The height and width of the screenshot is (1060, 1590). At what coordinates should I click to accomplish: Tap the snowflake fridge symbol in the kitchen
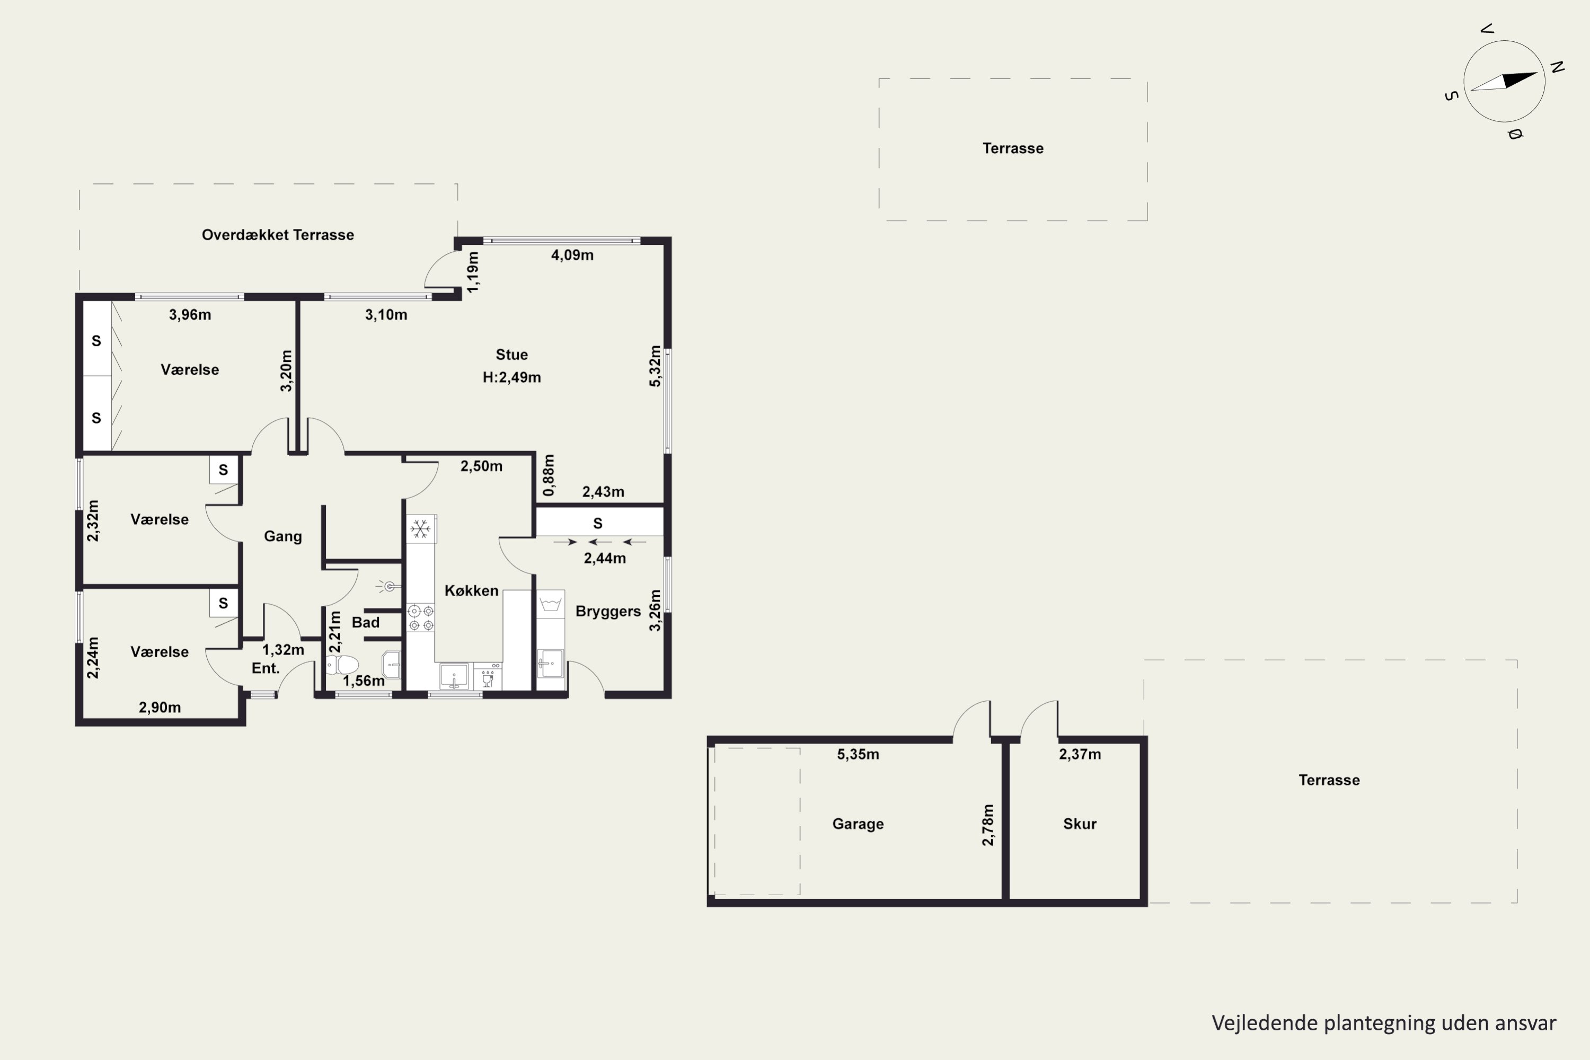pyautogui.click(x=420, y=529)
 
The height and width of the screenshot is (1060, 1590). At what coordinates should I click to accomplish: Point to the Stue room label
pyautogui.click(x=512, y=354)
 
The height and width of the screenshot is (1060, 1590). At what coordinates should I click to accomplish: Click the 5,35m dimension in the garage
pyautogui.click(x=858, y=754)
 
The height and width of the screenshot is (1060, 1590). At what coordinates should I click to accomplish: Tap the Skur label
pyautogui.click(x=1080, y=824)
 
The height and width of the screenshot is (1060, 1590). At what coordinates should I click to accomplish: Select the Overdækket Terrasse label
pyautogui.click(x=278, y=235)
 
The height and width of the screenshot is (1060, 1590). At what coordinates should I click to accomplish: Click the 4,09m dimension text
pyautogui.click(x=572, y=255)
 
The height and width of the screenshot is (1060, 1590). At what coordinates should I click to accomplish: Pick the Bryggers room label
pyautogui.click(x=608, y=611)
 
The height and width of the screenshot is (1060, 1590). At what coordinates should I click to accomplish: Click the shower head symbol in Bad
pyautogui.click(x=388, y=586)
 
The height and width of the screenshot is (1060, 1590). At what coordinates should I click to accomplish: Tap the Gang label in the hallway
pyautogui.click(x=282, y=536)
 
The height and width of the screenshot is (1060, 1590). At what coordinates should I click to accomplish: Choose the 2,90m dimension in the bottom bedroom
pyautogui.click(x=160, y=707)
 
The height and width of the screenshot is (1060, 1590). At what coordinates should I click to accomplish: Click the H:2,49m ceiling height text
pyautogui.click(x=512, y=377)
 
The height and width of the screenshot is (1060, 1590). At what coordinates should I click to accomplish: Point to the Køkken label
pyautogui.click(x=471, y=590)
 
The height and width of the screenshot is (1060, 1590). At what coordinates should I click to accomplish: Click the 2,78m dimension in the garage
pyautogui.click(x=988, y=825)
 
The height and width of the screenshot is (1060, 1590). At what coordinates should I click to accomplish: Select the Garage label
pyautogui.click(x=858, y=824)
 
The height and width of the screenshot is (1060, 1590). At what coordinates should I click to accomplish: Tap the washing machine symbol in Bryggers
pyautogui.click(x=550, y=604)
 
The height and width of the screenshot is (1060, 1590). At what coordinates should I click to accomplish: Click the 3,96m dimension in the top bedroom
pyautogui.click(x=190, y=314)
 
